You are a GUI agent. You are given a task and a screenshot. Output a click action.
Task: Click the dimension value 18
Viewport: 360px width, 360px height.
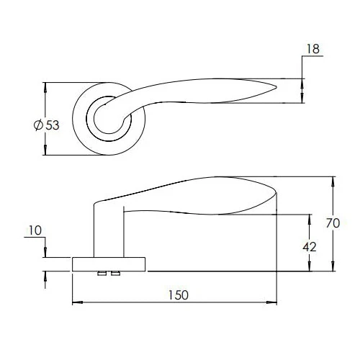tap(313, 49)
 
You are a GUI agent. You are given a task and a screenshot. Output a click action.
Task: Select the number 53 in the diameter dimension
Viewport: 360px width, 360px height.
tap(53, 125)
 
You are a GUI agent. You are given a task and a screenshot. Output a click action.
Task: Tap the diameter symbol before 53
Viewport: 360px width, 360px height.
tap(38, 125)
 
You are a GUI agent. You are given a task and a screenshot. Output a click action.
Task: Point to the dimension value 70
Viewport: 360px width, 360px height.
tap(333, 224)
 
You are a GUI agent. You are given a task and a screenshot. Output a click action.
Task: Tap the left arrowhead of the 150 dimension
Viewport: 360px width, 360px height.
tap(76, 303)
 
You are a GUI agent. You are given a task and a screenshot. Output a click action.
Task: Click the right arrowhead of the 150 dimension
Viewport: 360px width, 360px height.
tap(276, 303)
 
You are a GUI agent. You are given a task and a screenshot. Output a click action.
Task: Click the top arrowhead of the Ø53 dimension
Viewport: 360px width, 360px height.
tap(45, 87)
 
